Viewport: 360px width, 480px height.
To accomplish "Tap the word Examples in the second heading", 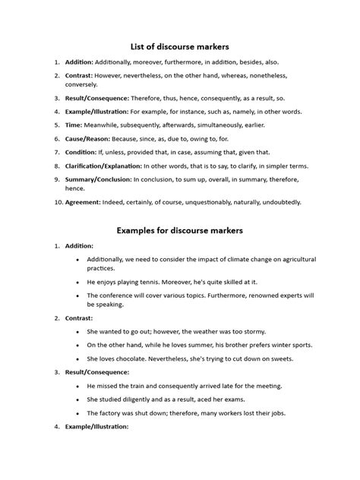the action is point(140,229).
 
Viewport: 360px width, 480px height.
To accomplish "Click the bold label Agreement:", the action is point(84,203).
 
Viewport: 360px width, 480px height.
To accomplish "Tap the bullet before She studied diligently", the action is point(79,399).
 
